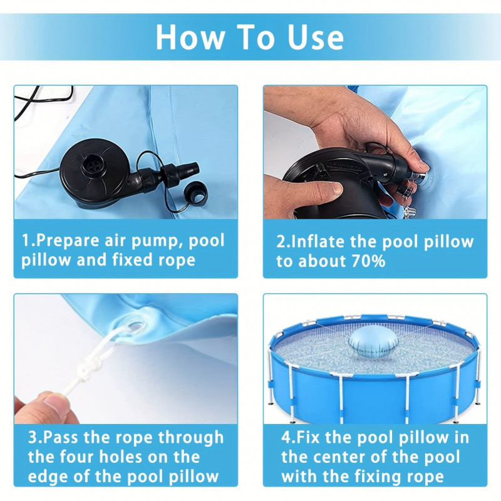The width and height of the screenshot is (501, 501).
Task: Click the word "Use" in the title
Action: pos(316,37)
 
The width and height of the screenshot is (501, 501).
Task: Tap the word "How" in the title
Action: pos(190,37)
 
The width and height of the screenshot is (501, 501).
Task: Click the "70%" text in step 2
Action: pos(368,261)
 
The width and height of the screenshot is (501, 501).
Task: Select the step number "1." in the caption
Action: pos(28,240)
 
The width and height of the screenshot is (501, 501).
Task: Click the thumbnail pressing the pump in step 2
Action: pos(336,189)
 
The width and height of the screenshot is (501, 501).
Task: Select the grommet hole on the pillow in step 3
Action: pos(135,327)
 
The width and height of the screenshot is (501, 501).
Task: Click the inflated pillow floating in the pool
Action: pos(373,343)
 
